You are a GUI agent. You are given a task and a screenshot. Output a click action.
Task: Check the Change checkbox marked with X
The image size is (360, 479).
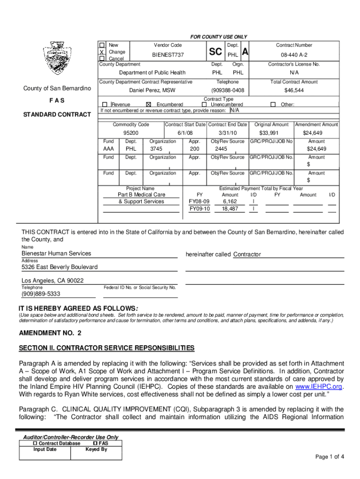102,52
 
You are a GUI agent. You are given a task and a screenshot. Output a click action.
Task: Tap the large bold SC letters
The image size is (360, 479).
216,54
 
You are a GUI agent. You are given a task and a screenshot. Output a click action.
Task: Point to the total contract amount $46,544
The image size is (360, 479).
294,90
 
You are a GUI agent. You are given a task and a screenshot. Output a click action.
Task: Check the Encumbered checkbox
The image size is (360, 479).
149,105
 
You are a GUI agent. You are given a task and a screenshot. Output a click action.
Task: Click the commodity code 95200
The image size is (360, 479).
131,133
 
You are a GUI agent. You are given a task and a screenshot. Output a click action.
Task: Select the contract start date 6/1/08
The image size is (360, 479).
185,133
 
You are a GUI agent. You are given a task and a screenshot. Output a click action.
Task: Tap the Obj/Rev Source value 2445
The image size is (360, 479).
228,149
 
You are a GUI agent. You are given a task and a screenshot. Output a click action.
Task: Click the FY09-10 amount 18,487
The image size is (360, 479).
230,209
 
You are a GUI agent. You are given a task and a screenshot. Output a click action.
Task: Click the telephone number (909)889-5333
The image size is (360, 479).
41,294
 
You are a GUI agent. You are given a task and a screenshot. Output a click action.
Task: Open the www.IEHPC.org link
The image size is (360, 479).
319,387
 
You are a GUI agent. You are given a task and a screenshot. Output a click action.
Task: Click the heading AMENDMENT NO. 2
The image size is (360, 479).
50,333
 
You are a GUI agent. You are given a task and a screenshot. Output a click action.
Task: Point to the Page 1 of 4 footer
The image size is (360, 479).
330,457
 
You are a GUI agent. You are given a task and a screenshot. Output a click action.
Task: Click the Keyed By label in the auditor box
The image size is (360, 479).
96,449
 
